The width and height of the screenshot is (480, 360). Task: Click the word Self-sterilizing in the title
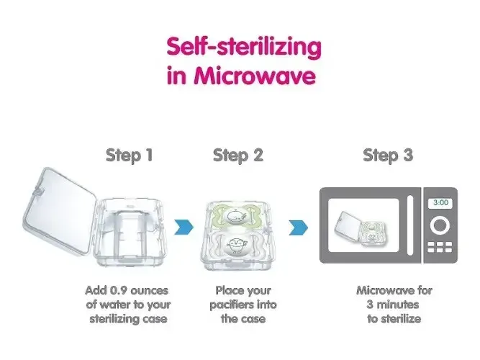[244, 48]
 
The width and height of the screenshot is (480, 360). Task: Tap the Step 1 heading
[129, 155]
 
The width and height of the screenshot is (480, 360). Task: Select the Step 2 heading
[238, 155]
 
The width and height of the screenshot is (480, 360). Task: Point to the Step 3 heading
[388, 155]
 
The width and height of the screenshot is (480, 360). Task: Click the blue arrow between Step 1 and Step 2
[184, 227]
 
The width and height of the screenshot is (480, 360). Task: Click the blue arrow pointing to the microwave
[299, 228]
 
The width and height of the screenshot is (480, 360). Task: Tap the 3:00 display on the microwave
[440, 202]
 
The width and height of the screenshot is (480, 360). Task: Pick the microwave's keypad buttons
[440, 247]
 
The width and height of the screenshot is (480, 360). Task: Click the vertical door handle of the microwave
[410, 225]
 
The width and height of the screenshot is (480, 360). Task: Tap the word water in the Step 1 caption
[116, 305]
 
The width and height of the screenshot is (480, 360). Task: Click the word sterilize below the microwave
[400, 319]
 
